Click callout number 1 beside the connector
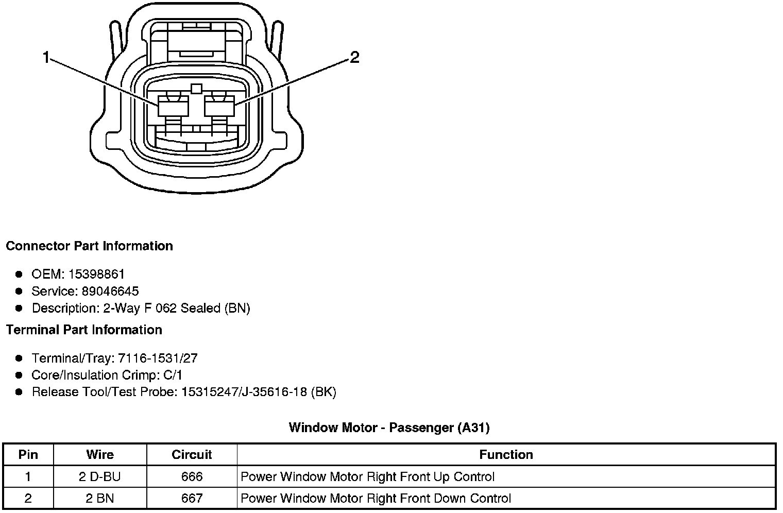pos(46,58)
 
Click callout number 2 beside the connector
pos(354,57)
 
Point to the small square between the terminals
pos(196,89)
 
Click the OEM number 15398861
pos(96,274)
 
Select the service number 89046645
pos(110,291)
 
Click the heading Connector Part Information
pos(89,246)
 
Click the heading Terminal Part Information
pos(84,330)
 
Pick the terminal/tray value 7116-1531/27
pos(158,358)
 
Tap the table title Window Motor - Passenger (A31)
pos(389,427)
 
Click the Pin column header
pos(28,454)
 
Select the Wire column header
pos(100,454)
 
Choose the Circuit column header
pos(192,454)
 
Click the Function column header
pos(506,454)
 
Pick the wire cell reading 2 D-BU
pos(100,476)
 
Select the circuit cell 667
pos(192,498)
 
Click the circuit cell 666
pos(192,476)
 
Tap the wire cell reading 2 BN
pos(100,498)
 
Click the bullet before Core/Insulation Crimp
pos(19,375)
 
